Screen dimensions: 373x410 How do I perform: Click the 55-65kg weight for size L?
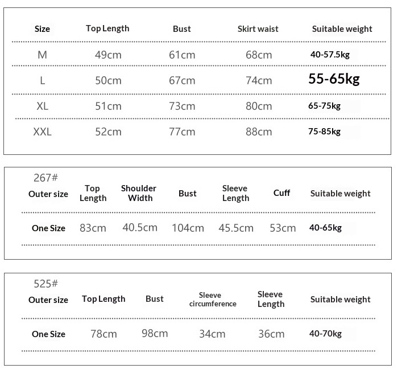click(x=334, y=79)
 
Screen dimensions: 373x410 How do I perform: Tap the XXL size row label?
click(x=42, y=132)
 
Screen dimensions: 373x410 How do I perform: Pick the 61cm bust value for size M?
click(x=182, y=55)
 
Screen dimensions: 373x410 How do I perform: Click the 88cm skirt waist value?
click(x=259, y=132)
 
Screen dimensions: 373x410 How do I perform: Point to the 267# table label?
click(x=46, y=178)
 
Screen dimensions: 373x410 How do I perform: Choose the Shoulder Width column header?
click(x=139, y=193)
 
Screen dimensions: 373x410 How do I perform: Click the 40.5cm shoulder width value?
click(x=140, y=227)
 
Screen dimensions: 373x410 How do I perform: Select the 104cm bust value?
click(x=188, y=228)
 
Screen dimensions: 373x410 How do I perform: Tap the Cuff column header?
click(x=281, y=192)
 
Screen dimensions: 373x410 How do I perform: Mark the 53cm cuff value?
click(x=283, y=228)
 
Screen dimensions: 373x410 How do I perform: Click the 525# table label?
click(x=46, y=284)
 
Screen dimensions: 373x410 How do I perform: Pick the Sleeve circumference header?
click(x=213, y=300)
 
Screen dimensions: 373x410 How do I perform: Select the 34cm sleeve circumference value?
click(x=212, y=334)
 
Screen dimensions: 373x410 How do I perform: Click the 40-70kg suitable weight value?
click(x=325, y=334)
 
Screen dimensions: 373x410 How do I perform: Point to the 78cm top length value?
click(x=103, y=334)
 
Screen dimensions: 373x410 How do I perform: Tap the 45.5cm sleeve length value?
click(x=236, y=228)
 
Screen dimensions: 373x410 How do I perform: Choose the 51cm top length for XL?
click(x=108, y=106)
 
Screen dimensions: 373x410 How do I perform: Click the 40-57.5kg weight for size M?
click(x=329, y=55)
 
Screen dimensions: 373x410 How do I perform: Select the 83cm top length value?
click(x=93, y=228)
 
